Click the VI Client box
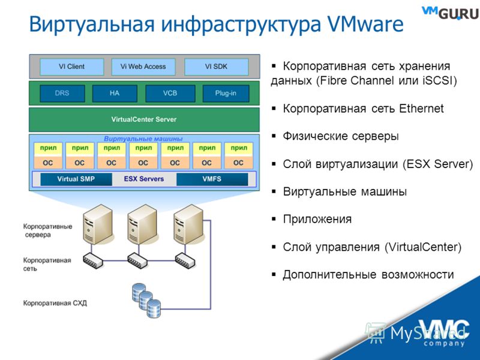point(71,67)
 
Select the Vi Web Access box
point(143,67)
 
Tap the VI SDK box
point(216,67)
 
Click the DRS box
point(62,94)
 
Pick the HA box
point(115,94)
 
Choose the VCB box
point(170,94)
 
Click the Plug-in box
point(226,94)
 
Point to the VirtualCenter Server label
point(144,119)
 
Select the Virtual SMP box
point(76,179)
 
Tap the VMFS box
point(212,179)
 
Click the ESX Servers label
point(144,179)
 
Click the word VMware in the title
point(365,24)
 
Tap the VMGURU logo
point(450,13)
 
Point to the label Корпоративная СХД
point(55,304)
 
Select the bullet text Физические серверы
point(341,136)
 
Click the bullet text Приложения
point(317,219)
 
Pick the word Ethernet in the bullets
point(421,109)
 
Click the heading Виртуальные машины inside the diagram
point(143,139)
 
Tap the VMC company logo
point(444,333)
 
